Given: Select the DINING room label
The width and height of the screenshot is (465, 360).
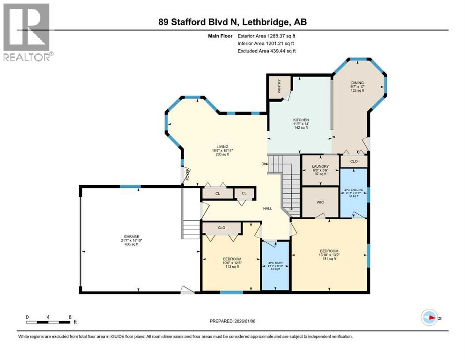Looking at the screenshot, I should click(x=357, y=83).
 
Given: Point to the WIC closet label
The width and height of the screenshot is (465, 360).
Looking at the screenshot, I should click(x=320, y=202).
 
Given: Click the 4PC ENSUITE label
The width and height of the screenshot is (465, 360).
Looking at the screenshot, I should click(x=354, y=190).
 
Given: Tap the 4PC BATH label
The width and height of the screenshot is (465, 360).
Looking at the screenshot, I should click(x=275, y=262).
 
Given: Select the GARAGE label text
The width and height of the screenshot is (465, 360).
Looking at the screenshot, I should click(x=131, y=236).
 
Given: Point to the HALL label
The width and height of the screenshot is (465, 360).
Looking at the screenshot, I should click(x=267, y=208).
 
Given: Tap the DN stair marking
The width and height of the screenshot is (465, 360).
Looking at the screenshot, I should click(x=264, y=164).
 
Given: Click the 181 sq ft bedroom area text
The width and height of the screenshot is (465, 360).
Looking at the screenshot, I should click(x=329, y=259).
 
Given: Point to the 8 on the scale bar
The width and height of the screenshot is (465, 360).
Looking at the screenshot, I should click(x=70, y=317).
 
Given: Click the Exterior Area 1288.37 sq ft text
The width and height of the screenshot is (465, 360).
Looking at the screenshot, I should click(x=266, y=36).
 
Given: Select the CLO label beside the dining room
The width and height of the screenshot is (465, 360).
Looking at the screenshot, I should click(x=354, y=161).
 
